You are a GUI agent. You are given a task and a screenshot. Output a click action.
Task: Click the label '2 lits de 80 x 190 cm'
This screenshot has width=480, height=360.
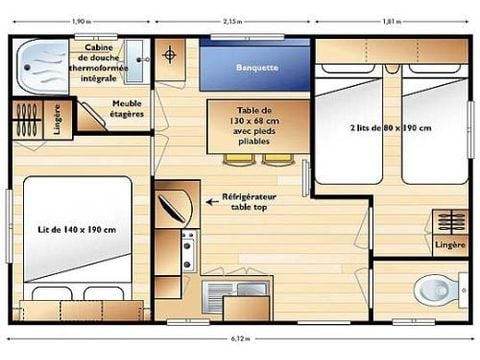pos(391,128)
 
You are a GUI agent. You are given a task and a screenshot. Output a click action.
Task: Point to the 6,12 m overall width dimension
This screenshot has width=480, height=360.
pos(240,340)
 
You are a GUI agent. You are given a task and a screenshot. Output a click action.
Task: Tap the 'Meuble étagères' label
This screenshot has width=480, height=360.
pos(127,108)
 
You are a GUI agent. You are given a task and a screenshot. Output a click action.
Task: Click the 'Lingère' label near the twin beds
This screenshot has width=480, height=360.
pos(449,243)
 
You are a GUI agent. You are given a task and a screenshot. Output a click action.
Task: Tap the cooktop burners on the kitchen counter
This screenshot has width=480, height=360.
pos(186,250)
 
